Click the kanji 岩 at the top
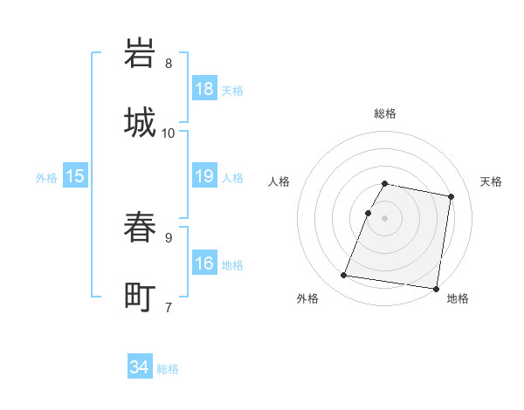click(141, 55)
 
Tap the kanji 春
click(141, 229)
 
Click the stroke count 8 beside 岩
click(168, 64)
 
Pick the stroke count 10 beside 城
click(169, 133)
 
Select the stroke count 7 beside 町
click(168, 307)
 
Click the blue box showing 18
click(204, 89)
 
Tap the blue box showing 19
click(204, 176)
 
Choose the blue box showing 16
click(204, 263)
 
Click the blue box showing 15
click(75, 176)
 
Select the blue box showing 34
click(140, 367)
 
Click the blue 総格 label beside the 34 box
click(168, 369)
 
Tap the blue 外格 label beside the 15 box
click(46, 178)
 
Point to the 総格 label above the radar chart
click(385, 113)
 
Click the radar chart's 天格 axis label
click(492, 181)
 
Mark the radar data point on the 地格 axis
click(435, 288)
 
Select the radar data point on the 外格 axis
click(344, 276)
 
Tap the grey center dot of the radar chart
click(385, 217)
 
